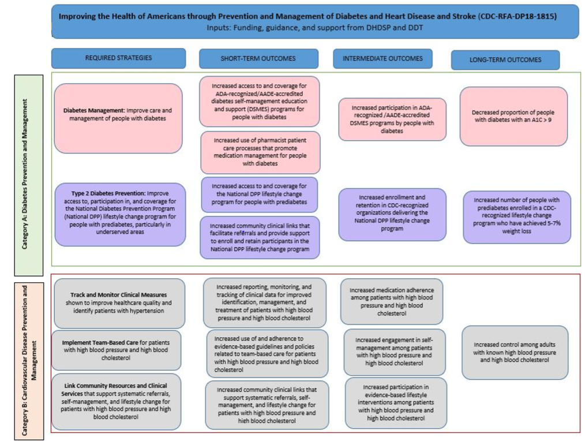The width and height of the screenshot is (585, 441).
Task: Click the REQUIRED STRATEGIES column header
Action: click(x=118, y=58)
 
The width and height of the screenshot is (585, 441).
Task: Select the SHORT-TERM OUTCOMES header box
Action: click(x=258, y=59)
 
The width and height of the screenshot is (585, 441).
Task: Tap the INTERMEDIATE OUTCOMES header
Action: click(x=382, y=58)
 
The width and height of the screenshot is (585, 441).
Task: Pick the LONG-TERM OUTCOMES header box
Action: click(x=505, y=60)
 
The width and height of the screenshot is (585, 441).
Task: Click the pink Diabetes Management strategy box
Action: click(x=118, y=118)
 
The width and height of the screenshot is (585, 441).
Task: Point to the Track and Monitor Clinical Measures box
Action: click(x=119, y=303)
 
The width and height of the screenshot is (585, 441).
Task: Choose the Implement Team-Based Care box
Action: click(x=116, y=350)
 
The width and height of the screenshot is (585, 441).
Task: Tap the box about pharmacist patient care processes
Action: click(x=260, y=152)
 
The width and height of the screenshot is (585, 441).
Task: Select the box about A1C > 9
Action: click(x=513, y=116)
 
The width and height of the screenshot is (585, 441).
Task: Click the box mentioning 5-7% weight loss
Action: click(x=516, y=216)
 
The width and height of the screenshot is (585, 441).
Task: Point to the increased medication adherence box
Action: click(x=391, y=301)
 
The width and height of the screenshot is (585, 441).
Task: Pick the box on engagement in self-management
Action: click(x=395, y=352)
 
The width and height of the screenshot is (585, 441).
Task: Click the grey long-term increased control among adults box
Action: click(x=515, y=352)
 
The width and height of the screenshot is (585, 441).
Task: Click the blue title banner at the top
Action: click(x=314, y=21)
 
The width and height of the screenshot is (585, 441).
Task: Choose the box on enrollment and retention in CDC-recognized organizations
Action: click(x=392, y=214)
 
